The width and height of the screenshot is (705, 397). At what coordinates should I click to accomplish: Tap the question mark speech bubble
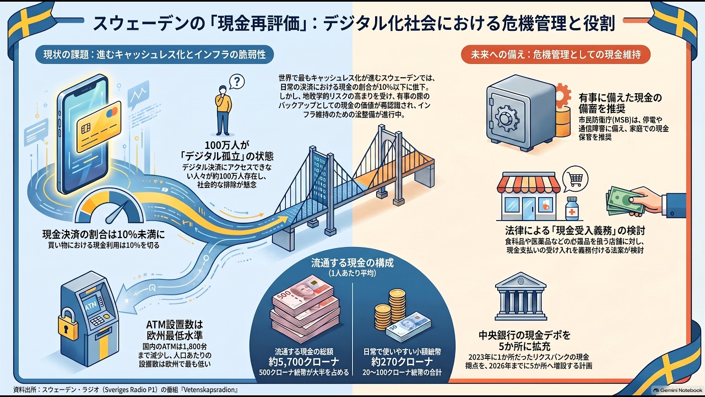tap(237, 82)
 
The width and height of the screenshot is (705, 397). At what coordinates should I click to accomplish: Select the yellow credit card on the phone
tap(99, 126)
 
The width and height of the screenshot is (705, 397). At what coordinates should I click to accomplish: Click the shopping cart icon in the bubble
tap(576, 179)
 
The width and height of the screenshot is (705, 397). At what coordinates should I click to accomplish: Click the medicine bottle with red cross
tap(572, 208)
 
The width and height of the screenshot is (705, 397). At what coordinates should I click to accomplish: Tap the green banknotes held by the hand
tap(625, 201)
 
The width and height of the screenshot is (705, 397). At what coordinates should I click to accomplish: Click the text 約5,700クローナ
tap(303, 361)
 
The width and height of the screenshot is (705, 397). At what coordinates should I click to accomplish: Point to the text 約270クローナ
tap(402, 361)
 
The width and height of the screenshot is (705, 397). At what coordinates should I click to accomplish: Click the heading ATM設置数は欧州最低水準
tap(175, 330)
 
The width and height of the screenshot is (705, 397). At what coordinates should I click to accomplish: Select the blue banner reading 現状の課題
tap(154, 55)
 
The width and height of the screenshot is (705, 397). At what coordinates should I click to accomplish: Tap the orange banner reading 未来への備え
tap(556, 55)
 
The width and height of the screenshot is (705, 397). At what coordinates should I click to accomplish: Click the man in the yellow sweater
tap(224, 110)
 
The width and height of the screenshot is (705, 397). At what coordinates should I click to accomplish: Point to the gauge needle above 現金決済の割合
tap(117, 211)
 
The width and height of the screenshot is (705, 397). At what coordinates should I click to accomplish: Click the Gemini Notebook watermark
tap(679, 390)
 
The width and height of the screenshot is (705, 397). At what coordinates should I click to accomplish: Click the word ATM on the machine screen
tap(91, 305)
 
